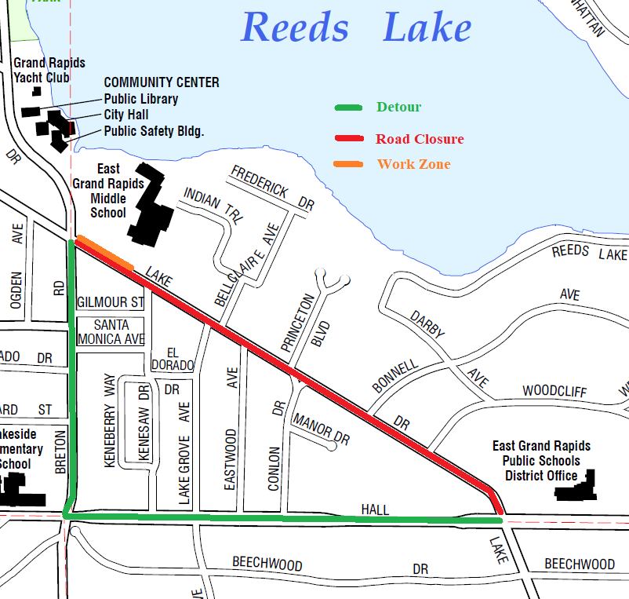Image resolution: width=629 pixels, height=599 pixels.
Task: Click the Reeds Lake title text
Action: [356, 27]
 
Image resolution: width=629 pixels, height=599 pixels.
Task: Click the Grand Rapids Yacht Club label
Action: [49, 70]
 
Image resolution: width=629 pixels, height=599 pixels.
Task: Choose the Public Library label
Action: [141, 99]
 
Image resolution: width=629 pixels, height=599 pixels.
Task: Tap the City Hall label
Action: [127, 115]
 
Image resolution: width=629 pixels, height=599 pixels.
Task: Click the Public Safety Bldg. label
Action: [154, 131]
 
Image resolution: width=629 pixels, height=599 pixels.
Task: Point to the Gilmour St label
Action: [111, 302]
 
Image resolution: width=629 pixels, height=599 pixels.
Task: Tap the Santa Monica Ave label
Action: [111, 331]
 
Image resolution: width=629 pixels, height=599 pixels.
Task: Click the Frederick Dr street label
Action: [272, 188]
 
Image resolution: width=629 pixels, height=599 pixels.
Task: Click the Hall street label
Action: [375, 510]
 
